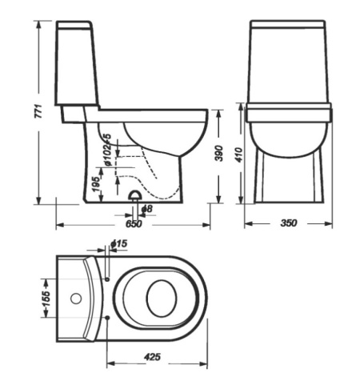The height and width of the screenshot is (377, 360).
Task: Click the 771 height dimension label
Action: pos(38,112)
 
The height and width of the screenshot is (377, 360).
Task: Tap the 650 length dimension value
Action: pos(134,223)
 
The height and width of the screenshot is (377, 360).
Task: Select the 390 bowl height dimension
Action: pos(218,153)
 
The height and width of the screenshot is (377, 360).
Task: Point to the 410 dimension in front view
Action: pos(239,154)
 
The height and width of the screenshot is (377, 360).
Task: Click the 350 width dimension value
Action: pos(288,223)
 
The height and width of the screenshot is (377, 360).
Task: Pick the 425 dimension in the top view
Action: pos(153,357)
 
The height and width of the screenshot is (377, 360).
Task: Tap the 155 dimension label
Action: pos(46,299)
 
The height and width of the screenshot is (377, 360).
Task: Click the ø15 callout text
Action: pos(118,243)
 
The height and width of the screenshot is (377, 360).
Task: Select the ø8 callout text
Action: pos(147,209)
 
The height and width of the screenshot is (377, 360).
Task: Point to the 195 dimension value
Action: pos(97,183)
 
